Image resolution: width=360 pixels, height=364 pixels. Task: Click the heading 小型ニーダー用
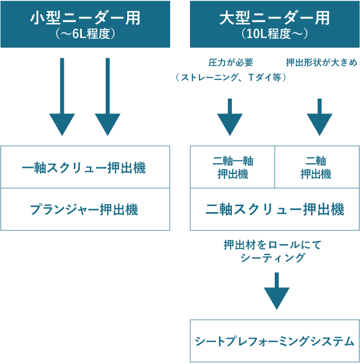pos(85,18)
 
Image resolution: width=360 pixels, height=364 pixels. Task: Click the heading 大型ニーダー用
pos(274,18)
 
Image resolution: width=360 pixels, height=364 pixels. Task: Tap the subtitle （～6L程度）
pos(85,35)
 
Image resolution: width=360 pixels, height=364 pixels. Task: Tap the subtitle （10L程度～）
pos(274,35)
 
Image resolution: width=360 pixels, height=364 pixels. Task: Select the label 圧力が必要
pos(230,63)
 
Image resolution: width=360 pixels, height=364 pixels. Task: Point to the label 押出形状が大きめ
pos(322,63)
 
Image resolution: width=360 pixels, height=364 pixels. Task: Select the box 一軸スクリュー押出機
pos(85,167)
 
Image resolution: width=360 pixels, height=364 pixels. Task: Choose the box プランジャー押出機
pos(85,209)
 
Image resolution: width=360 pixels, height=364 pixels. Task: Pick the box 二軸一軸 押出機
pos(232,167)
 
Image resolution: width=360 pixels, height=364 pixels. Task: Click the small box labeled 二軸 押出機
pos(316,167)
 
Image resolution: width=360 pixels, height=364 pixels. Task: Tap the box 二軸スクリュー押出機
pos(274,210)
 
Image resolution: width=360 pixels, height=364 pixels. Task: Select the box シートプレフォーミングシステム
pos(274,342)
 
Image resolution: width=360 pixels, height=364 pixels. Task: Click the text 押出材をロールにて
pos(273,245)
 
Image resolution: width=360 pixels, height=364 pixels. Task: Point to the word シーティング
pos(273,258)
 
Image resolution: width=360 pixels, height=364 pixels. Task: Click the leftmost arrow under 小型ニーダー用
pos(62,100)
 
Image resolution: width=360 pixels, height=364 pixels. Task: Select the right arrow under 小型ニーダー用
pos(107,100)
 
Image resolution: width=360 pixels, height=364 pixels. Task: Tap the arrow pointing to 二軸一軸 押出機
pos(230,119)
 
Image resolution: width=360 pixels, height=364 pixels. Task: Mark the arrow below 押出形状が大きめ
pos(319,119)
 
